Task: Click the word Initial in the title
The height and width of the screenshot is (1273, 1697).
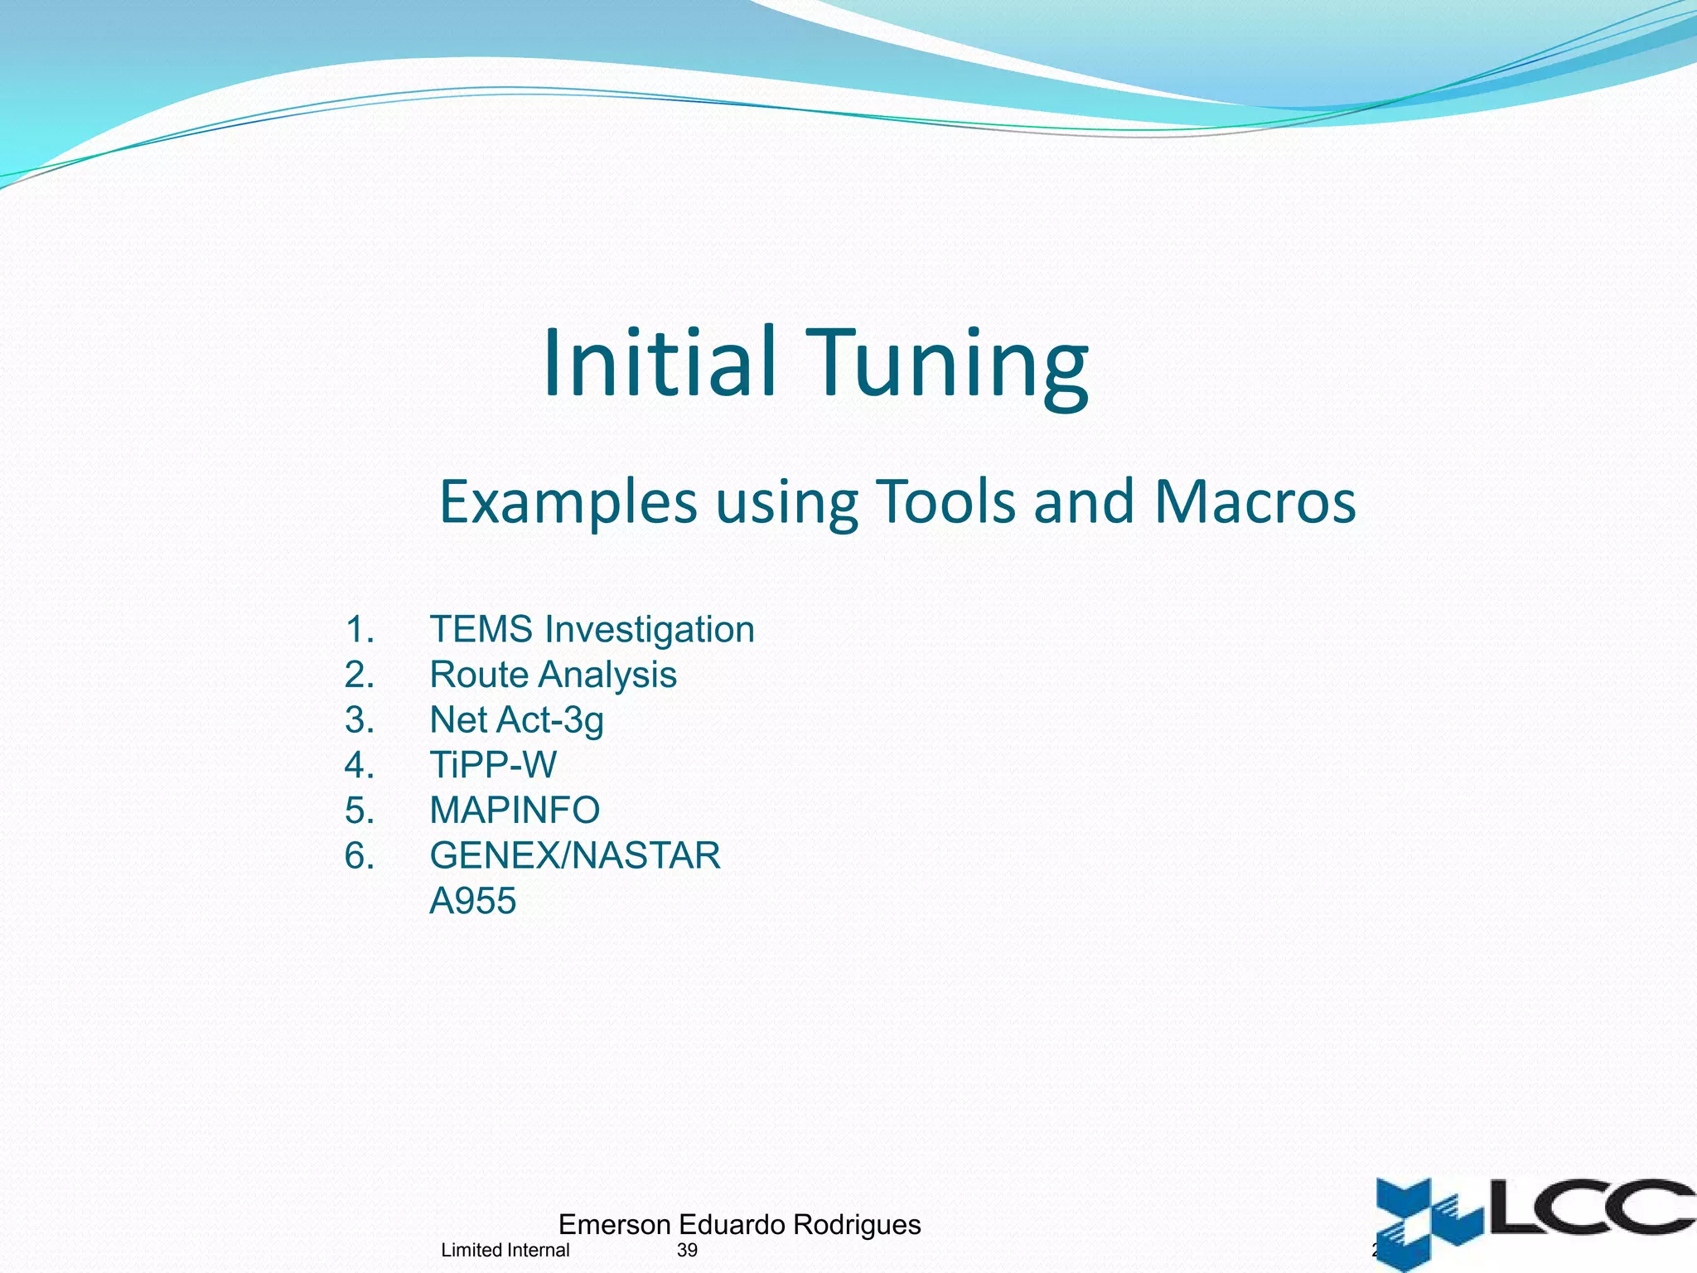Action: pos(660,363)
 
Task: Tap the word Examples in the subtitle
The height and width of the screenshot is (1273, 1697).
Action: pos(568,502)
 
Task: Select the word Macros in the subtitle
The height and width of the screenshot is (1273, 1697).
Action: pos(1255,502)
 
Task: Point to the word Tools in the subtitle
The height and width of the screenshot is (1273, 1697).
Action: pos(945,502)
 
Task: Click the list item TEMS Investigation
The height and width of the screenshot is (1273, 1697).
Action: pos(592,630)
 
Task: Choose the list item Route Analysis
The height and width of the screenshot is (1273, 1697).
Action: pos(553,675)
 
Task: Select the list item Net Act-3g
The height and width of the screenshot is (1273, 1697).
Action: pos(516,720)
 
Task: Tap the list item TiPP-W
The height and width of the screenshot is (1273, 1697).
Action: pos(493,765)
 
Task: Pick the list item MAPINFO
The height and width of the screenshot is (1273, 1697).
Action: pos(515,811)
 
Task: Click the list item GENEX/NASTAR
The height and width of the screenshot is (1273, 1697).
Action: pos(575,855)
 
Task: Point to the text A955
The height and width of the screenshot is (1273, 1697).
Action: pos(472,901)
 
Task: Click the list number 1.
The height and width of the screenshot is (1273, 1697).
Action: pos(359,630)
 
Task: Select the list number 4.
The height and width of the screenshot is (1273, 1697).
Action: pos(359,765)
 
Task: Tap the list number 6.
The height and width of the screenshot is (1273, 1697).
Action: pos(359,855)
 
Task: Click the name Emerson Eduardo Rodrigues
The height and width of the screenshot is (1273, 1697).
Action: pos(739,1224)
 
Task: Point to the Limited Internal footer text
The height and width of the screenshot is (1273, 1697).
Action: pos(505,1251)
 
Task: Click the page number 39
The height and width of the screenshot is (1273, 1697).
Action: pos(687,1251)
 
